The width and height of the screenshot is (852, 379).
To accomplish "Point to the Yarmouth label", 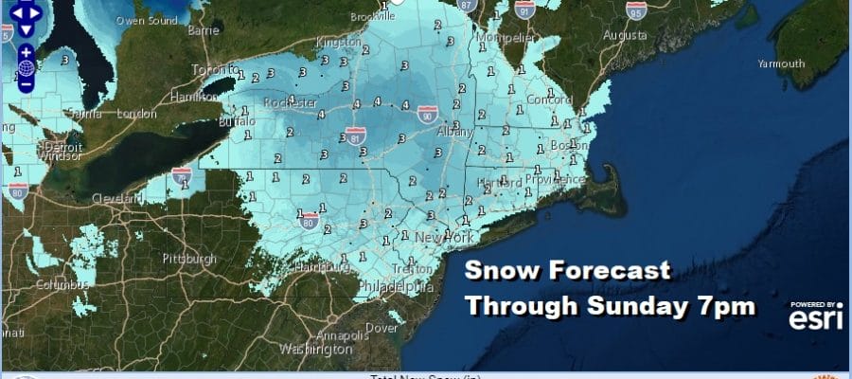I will coord(781,63).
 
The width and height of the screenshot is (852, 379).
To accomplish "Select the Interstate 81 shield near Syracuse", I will coord(357,136).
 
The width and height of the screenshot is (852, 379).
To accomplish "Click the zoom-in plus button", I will coord(26,51).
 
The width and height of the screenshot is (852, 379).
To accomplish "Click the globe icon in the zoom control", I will coord(26,67).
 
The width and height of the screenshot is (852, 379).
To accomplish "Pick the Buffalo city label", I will coord(229,122).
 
